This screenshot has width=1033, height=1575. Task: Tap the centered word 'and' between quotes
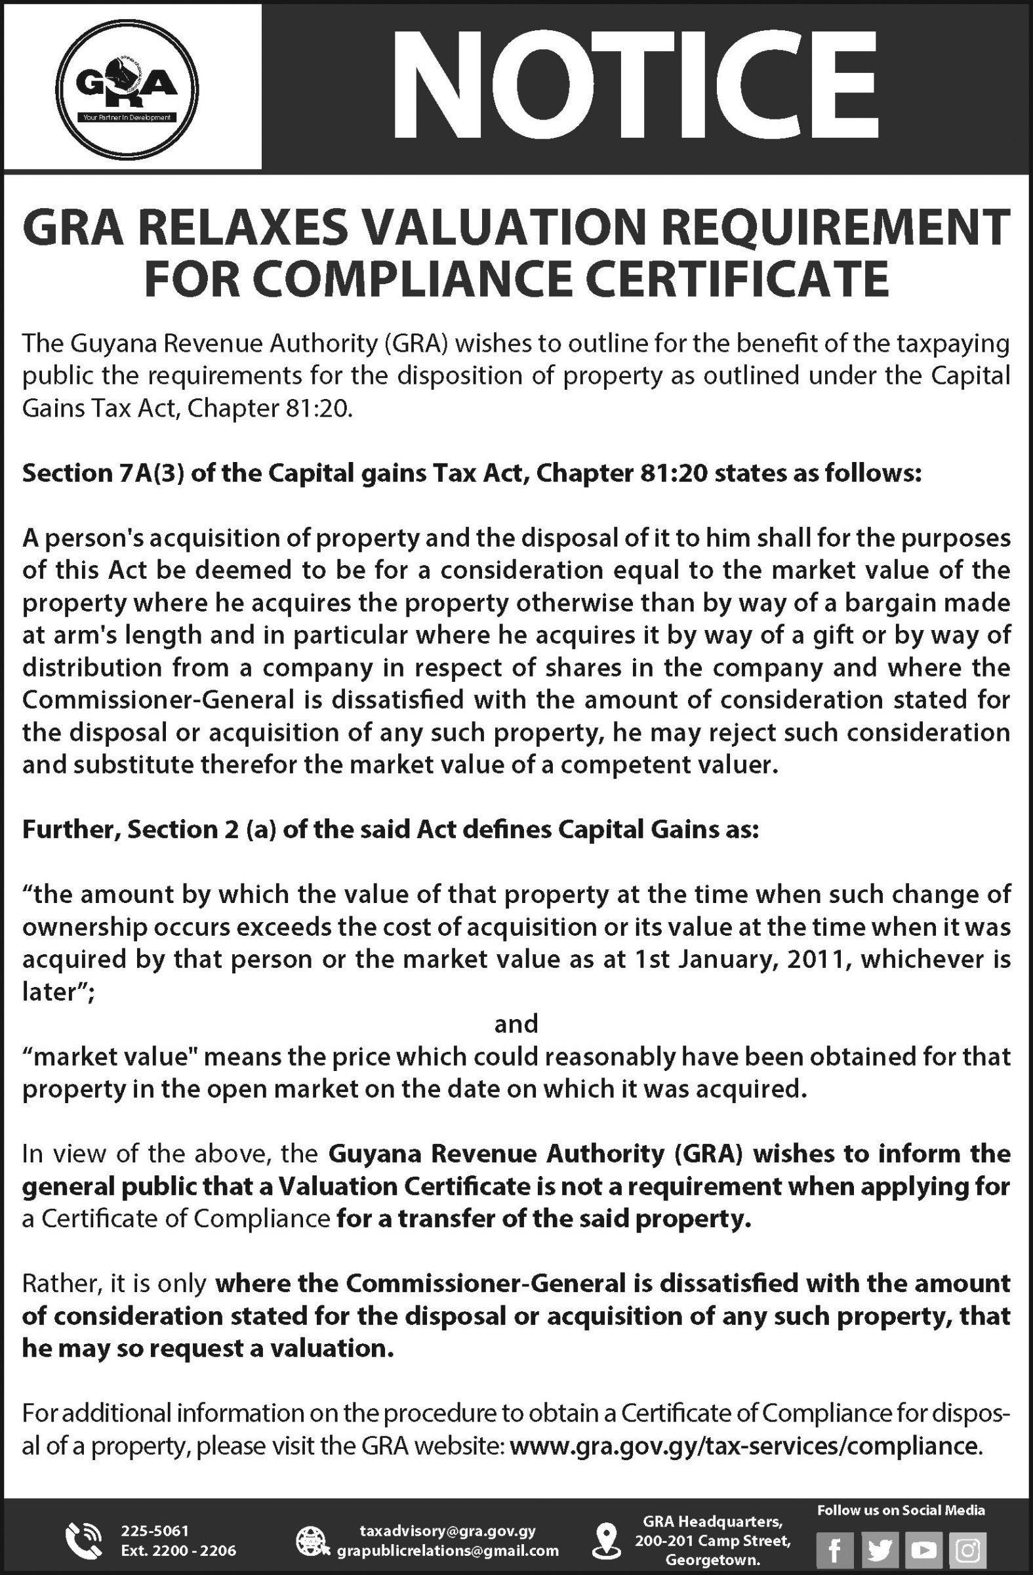516,1024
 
